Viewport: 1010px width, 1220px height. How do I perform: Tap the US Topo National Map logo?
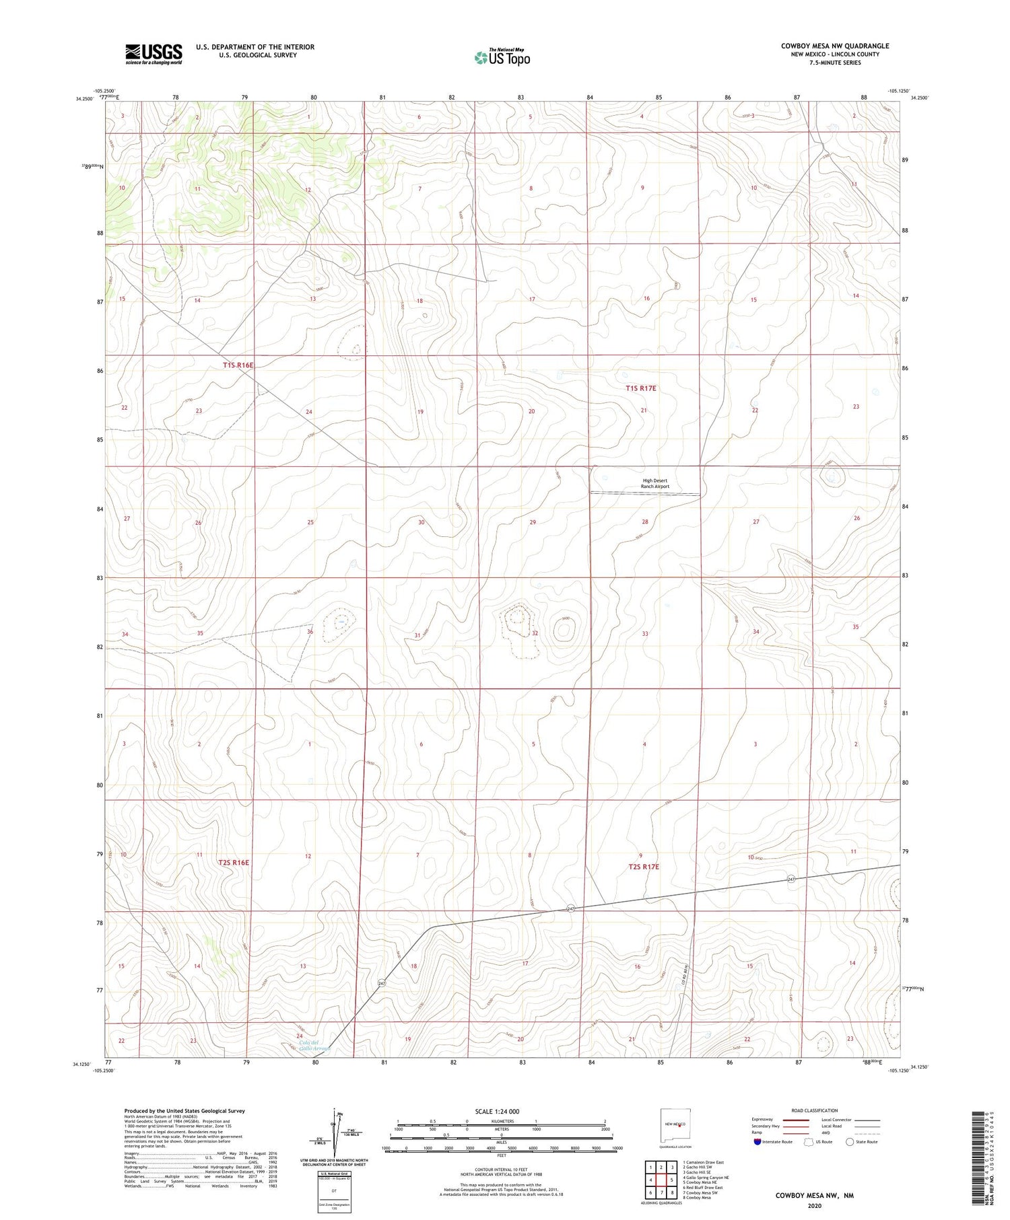(502, 57)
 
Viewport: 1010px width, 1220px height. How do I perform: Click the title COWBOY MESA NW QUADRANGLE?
(834, 46)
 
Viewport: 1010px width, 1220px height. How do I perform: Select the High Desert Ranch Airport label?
(654, 483)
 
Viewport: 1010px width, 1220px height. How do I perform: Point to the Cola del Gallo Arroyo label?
(314, 1046)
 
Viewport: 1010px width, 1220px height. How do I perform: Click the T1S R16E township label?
(238, 365)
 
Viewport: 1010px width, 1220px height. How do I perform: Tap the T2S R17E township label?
(643, 867)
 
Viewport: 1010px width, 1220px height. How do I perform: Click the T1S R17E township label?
(640, 388)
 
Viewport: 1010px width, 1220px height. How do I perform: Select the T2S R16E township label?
(234, 862)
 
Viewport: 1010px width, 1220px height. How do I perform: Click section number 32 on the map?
(535, 633)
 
